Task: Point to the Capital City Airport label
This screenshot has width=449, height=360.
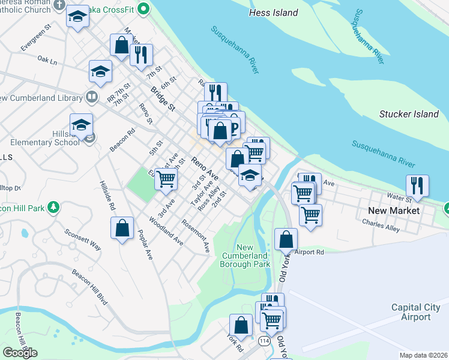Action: [420, 312]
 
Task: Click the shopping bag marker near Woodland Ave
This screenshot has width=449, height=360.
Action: [122, 229]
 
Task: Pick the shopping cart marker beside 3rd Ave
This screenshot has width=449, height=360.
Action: [166, 178]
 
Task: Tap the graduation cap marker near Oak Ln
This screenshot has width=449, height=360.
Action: [101, 71]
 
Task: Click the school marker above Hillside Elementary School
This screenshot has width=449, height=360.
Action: [81, 125]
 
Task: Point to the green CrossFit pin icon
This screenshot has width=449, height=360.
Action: [143, 10]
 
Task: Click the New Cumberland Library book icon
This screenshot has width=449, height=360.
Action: [92, 97]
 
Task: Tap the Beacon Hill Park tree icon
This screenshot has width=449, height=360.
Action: [54, 208]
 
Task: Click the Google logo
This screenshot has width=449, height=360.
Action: [20, 353]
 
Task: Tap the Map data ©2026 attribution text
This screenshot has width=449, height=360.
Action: [424, 355]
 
